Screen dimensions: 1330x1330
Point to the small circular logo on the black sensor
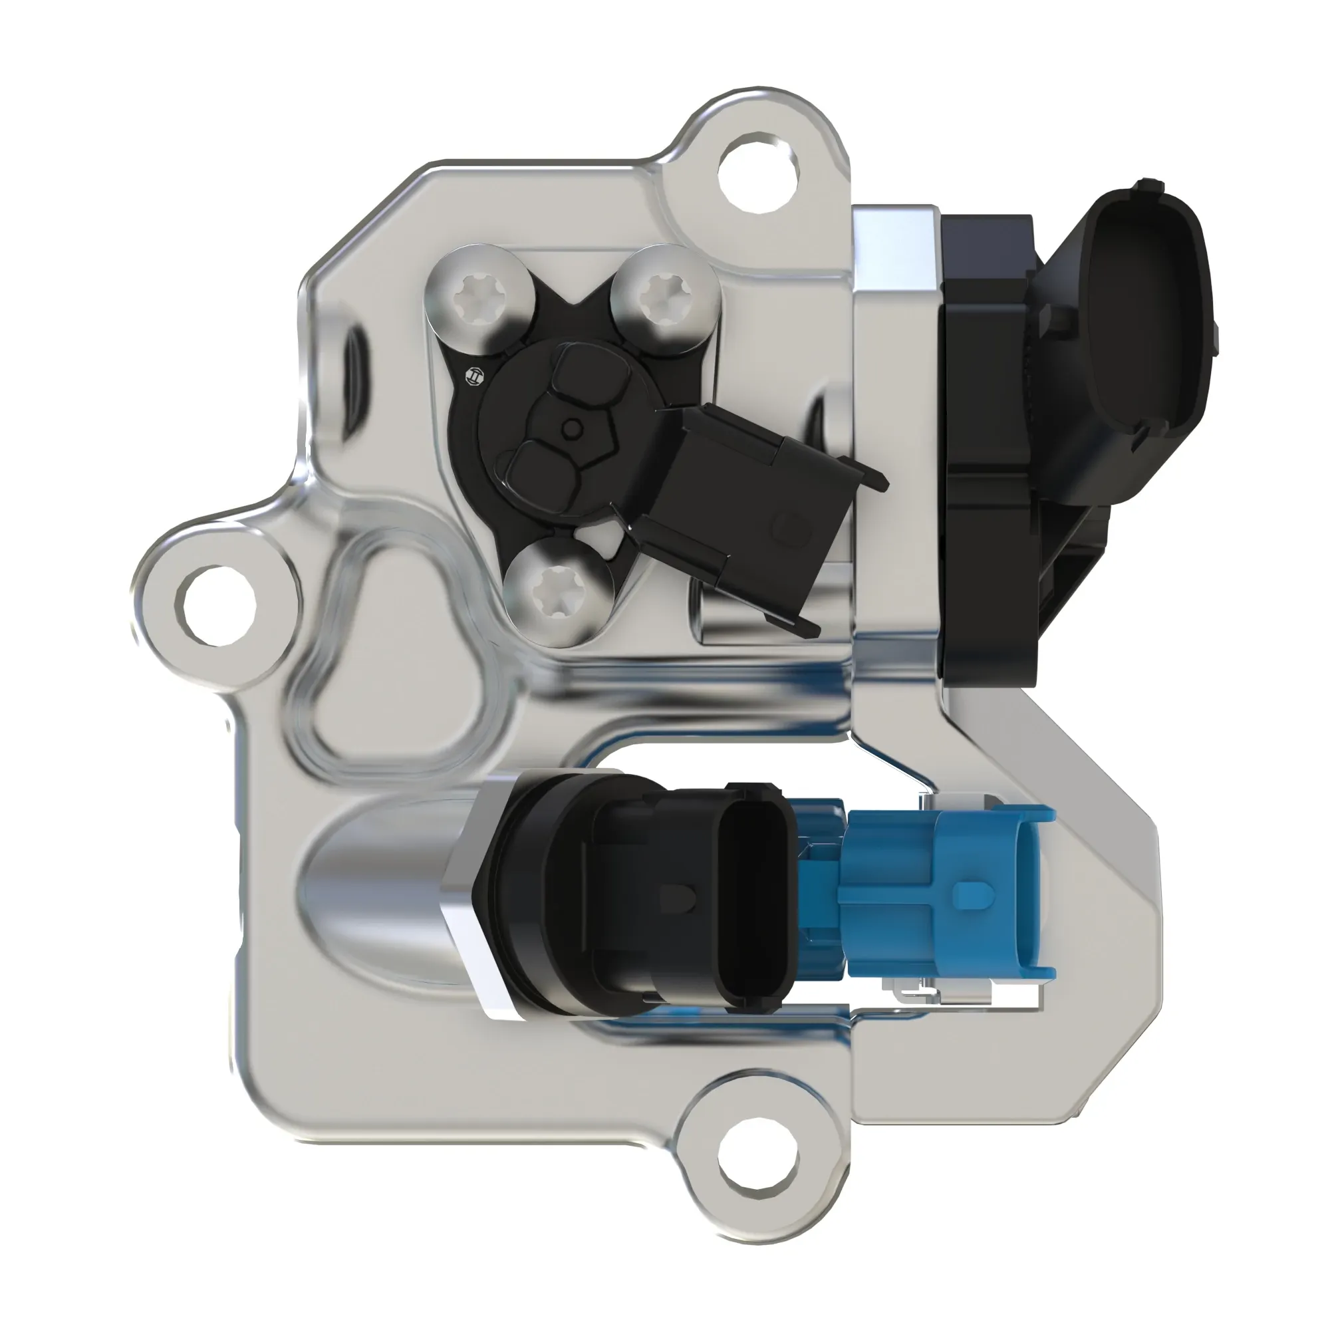coord(474,376)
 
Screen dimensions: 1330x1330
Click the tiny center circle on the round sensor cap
coord(571,430)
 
